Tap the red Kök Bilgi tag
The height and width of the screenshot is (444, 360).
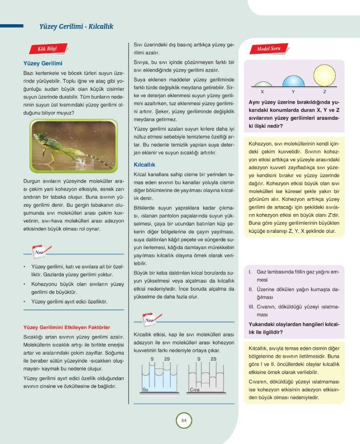pos(48,49)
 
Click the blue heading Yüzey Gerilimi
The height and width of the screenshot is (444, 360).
pos(43,63)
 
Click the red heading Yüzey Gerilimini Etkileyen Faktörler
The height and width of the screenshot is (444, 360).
pos(67,327)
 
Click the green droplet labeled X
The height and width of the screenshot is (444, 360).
pos(262,84)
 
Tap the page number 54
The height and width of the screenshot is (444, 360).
pos(183,421)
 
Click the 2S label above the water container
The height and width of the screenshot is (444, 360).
pos(167,359)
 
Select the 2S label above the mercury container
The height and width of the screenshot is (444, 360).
pos(213,359)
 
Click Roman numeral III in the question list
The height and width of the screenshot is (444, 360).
pos(251,306)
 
